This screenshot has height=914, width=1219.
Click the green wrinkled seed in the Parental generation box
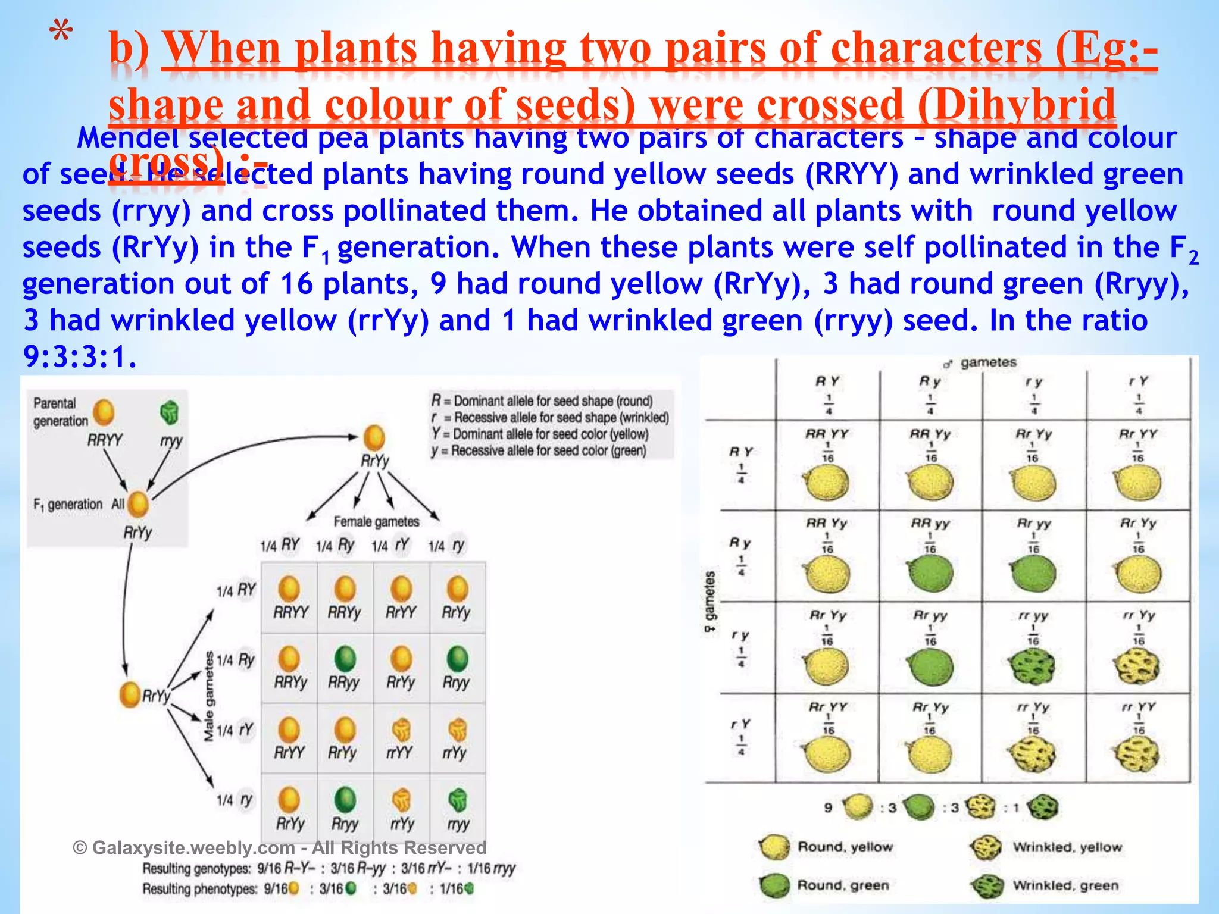coord(170,412)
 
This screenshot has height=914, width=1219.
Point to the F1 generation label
coord(68,505)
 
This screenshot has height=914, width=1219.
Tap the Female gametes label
coord(376,522)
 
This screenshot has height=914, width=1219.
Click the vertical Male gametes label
coord(209,696)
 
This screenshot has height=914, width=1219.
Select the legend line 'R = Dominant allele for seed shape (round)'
coord(542,401)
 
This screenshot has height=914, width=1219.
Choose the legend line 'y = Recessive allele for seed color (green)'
coord(539,451)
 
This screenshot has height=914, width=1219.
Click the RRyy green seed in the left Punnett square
coord(345,659)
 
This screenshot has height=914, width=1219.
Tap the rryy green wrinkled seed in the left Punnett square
coord(457,800)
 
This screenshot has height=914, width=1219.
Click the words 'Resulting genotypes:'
coord(196,869)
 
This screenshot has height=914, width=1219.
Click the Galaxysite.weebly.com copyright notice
coord(279,847)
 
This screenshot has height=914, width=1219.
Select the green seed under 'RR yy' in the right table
coord(930,574)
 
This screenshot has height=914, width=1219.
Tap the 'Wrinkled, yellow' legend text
coord(1067,847)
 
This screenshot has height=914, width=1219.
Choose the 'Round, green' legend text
coord(843,885)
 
